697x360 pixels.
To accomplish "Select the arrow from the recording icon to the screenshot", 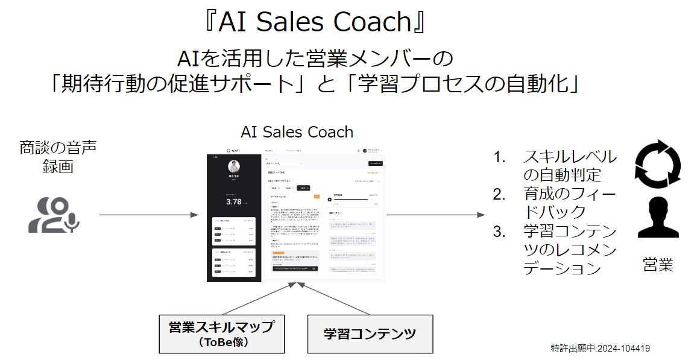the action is (148, 215).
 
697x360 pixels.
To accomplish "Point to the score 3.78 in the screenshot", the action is (233, 201).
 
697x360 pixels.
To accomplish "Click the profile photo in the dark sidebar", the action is (234, 167).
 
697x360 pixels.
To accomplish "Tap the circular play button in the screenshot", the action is (329, 199).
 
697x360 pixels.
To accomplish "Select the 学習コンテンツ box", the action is (370, 333).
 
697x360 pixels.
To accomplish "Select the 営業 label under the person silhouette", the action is (658, 265).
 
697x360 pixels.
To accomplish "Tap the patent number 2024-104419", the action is (624, 348).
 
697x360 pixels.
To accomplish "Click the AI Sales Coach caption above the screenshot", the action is (297, 132).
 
